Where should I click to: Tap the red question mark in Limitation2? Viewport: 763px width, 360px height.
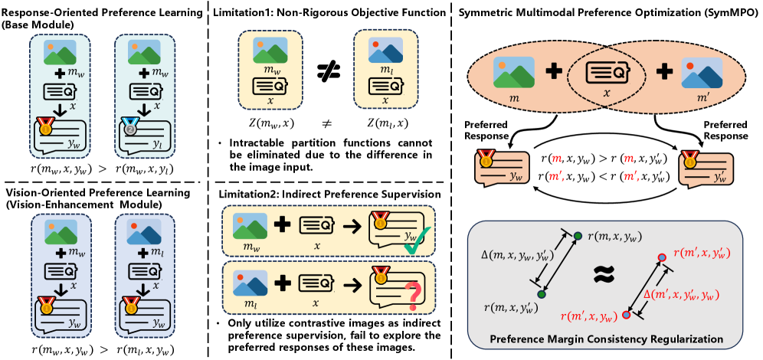click(413, 292)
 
